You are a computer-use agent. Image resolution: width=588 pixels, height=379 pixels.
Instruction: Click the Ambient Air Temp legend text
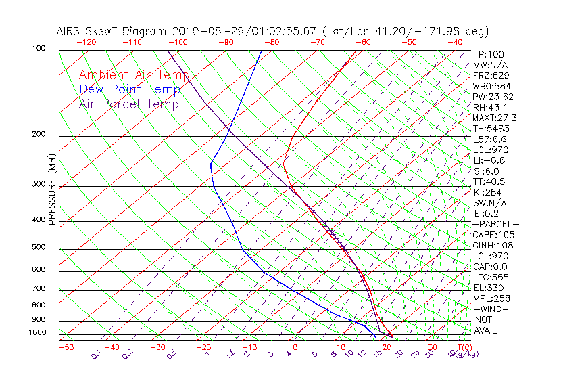tap(134, 75)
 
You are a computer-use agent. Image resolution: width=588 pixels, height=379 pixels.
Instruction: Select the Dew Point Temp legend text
tap(130, 89)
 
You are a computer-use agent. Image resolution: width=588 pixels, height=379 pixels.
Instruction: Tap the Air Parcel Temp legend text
tap(129, 104)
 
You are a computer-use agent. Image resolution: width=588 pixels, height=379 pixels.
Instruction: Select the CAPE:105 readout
tap(493, 235)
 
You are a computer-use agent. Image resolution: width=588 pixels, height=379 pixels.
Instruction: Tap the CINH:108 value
tap(493, 245)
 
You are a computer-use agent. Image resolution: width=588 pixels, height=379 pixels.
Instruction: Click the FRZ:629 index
tap(491, 76)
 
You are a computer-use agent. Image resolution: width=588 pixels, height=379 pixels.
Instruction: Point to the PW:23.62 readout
tap(493, 97)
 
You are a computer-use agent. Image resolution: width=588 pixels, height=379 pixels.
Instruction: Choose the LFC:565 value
tap(491, 277)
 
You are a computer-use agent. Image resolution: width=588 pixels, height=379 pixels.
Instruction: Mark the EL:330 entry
tap(489, 288)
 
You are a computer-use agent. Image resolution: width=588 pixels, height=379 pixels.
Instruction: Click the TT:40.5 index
tap(489, 181)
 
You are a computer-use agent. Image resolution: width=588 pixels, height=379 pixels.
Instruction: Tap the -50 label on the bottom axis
tap(66, 347)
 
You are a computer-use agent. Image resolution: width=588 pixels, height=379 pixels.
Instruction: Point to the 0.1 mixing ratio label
tap(96, 353)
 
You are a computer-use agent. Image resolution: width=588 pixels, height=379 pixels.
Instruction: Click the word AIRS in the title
tap(70, 32)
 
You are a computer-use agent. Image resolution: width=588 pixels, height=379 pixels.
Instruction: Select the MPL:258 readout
tap(491, 298)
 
